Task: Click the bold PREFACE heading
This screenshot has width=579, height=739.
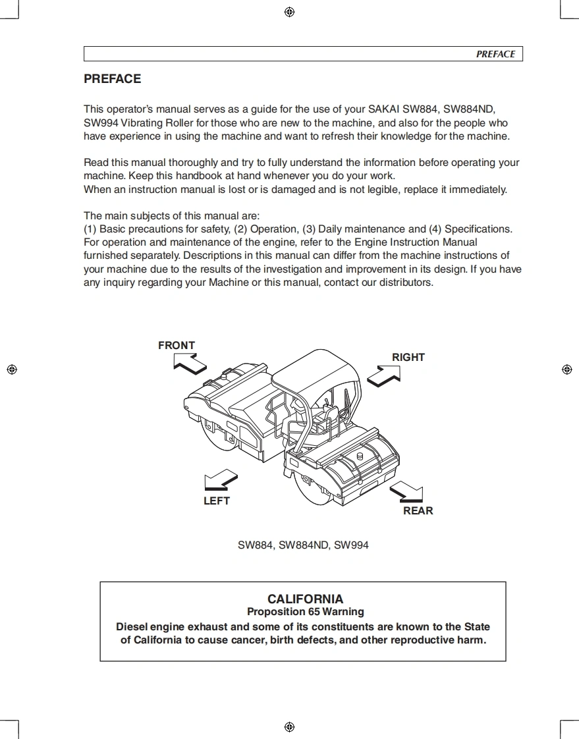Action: tap(112, 79)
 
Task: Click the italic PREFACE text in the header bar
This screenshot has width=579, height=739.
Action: tap(495, 54)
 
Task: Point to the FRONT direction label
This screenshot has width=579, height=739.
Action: tap(177, 345)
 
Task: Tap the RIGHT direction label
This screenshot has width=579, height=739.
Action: tap(408, 357)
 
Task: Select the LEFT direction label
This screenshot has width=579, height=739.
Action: tap(217, 501)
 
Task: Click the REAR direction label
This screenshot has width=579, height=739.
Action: tap(418, 510)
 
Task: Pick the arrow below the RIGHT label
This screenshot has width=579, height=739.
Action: tap(385, 375)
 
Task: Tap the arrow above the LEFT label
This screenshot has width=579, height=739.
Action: tap(221, 479)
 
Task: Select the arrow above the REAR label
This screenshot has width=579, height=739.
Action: tap(406, 491)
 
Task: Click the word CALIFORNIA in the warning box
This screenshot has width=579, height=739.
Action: tap(305, 599)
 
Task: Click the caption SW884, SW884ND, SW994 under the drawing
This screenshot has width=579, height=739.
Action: tap(303, 545)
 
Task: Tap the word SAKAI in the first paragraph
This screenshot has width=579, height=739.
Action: tap(384, 109)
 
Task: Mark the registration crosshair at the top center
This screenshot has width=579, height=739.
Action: tap(289, 12)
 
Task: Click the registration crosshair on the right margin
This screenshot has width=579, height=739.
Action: tap(567, 369)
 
